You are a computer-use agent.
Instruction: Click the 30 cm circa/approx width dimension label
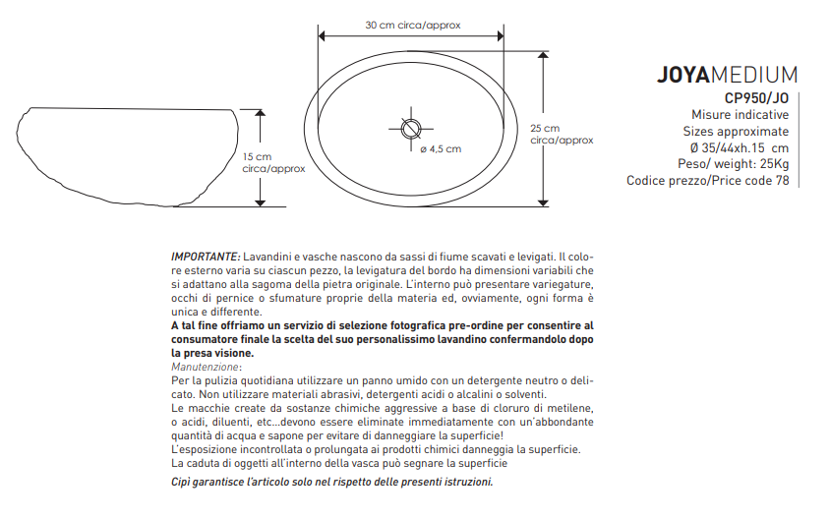pyautogui.click(x=413, y=25)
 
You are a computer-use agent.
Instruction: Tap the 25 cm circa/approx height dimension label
pyautogui.click(x=561, y=135)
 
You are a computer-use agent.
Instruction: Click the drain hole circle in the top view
pyautogui.click(x=411, y=127)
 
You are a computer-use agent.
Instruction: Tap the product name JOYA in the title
pyautogui.click(x=682, y=76)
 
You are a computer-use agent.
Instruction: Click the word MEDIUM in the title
pyautogui.click(x=753, y=76)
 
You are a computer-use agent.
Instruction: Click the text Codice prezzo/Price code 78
pyautogui.click(x=707, y=181)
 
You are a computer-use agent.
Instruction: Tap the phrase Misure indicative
pyautogui.click(x=740, y=114)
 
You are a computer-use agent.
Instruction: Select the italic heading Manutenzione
pyautogui.click(x=206, y=367)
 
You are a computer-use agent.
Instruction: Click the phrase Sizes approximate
pyautogui.click(x=736, y=131)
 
